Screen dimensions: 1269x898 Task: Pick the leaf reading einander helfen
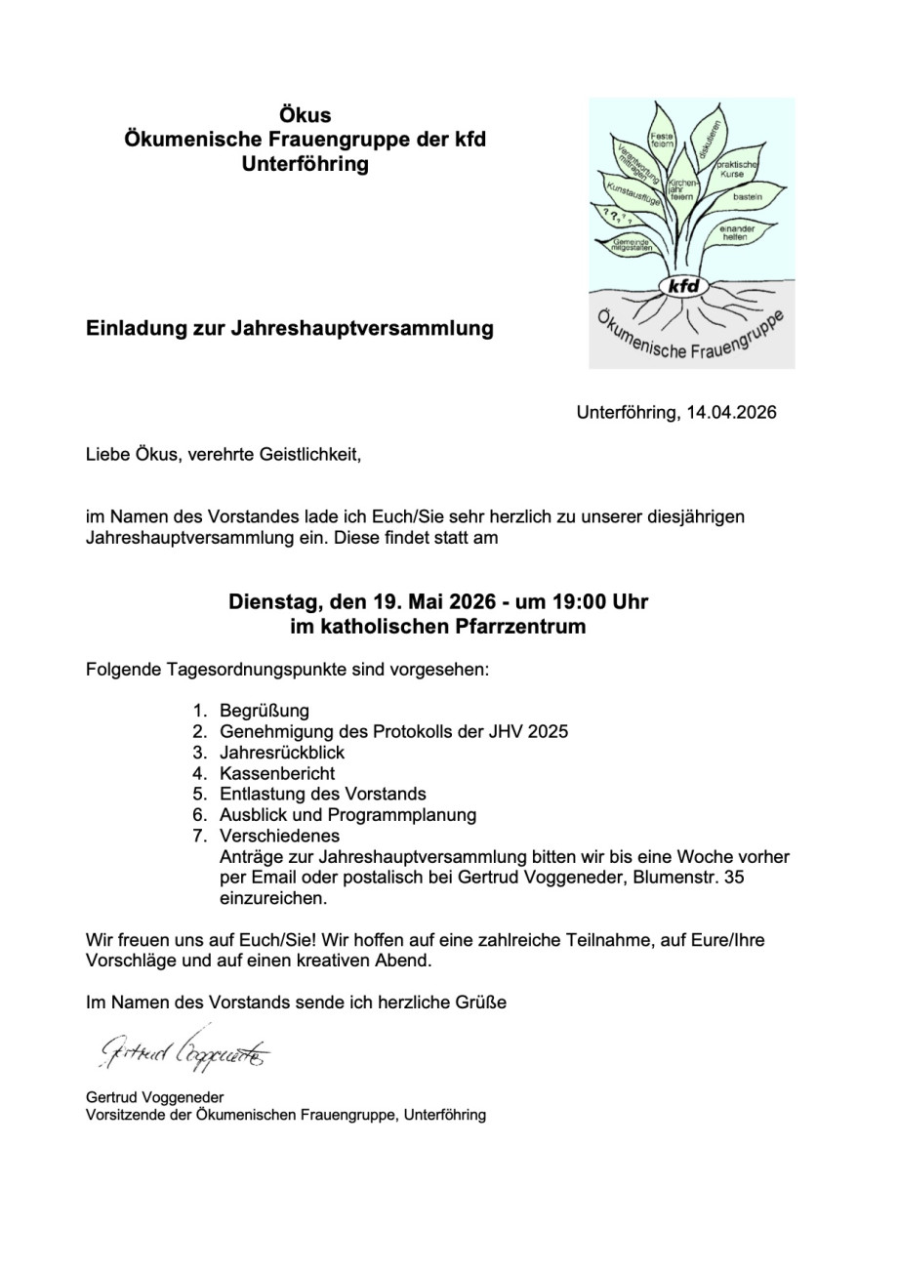(x=734, y=233)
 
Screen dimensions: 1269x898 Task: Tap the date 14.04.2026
(x=731, y=412)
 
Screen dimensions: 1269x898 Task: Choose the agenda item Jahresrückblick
(x=282, y=753)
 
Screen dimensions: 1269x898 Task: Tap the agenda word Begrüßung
(x=264, y=711)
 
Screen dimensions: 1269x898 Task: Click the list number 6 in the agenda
(x=198, y=814)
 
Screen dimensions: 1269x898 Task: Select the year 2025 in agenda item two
(x=547, y=731)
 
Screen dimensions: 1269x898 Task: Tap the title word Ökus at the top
(x=305, y=115)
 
